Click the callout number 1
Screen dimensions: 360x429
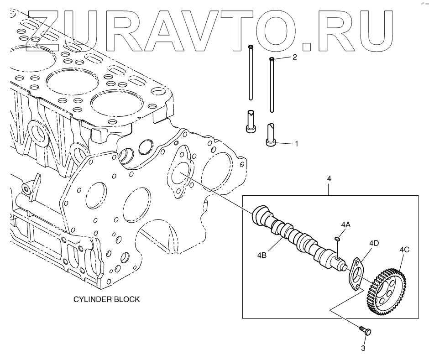[x=296, y=144]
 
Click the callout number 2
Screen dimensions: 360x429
[x=294, y=57]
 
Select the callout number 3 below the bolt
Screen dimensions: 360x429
[x=363, y=349]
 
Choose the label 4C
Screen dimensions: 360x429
[x=404, y=250]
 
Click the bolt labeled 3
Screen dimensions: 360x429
[x=365, y=330]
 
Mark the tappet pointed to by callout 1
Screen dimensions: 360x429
[x=271, y=136]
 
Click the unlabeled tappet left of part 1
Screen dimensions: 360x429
[x=251, y=122]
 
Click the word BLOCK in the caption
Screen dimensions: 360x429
[x=126, y=300]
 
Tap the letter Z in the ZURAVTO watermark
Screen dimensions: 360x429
[x=52, y=28]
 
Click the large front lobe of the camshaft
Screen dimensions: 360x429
[x=261, y=214]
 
